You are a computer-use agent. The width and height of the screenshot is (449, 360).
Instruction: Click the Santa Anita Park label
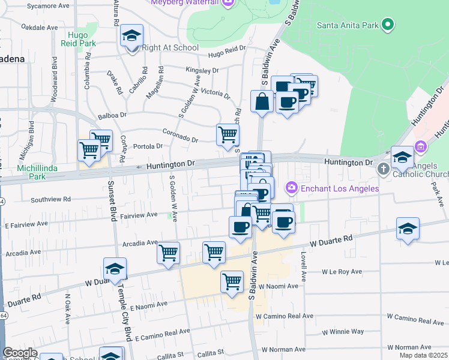(x=348, y=25)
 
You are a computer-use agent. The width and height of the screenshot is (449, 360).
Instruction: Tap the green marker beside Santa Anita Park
(x=388, y=25)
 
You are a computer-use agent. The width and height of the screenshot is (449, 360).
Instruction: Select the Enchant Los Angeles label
(x=340, y=188)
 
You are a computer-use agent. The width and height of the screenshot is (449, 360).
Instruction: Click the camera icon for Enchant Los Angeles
(x=292, y=188)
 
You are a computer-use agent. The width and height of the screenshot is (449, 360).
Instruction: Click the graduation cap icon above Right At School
(x=131, y=36)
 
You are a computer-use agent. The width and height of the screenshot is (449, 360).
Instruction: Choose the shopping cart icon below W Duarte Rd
(x=232, y=280)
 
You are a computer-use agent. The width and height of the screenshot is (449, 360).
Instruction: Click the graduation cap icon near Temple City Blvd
(x=115, y=269)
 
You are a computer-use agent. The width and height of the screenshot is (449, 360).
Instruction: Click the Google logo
(x=20, y=353)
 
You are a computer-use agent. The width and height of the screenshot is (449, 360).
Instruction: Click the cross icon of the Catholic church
(x=384, y=169)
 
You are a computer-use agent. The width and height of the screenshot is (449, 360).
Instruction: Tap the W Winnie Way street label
(x=343, y=331)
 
